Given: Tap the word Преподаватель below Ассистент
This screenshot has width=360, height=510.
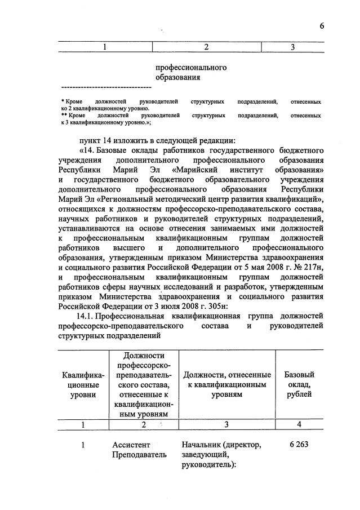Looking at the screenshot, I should click(139, 455).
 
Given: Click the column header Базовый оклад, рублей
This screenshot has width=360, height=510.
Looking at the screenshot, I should click(299, 385).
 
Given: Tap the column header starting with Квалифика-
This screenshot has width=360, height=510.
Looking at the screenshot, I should click(82, 385).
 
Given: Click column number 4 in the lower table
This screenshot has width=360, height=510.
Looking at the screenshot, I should click(299, 424).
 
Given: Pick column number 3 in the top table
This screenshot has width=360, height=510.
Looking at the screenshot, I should click(293, 47).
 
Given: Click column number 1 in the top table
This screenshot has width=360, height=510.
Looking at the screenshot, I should click(105, 47).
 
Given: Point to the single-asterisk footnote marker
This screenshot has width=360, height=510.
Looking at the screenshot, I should click(62, 101).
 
